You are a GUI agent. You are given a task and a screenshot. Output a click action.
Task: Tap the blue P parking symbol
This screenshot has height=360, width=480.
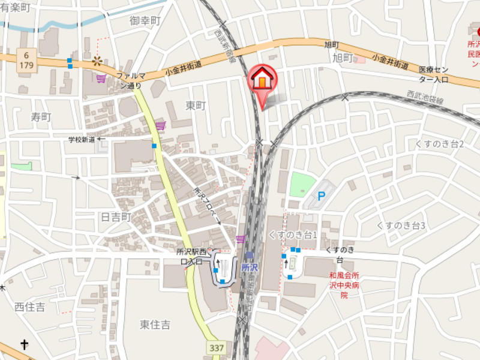[x=321, y=196]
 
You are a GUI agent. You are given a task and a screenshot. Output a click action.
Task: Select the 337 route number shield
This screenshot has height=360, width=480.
[x=217, y=347]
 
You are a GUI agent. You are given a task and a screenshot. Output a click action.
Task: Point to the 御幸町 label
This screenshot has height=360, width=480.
[x=146, y=21]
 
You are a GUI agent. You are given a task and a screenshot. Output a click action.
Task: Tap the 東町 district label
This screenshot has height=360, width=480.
[x=196, y=105]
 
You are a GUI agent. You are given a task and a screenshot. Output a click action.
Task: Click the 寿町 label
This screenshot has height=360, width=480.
[x=41, y=116]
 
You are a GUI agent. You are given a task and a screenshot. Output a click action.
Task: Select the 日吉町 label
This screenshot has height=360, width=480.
[x=116, y=217]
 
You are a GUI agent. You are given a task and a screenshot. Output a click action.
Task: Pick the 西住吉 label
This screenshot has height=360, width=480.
[x=29, y=307]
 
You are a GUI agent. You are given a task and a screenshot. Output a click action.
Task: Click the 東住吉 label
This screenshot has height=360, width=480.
[x=155, y=325]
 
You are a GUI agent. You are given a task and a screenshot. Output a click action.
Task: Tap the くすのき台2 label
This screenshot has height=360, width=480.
[x=440, y=144]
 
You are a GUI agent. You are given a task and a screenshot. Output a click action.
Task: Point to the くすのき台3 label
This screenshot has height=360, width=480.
[x=401, y=226]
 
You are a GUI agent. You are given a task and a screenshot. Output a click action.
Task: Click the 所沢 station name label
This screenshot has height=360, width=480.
[x=250, y=268]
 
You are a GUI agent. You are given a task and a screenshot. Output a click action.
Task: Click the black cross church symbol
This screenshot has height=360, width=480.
[x=25, y=344]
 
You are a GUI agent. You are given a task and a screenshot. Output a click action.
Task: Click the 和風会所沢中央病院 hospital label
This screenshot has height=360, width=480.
[x=344, y=285]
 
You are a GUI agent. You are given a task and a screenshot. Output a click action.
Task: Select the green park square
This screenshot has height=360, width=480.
[x=302, y=184]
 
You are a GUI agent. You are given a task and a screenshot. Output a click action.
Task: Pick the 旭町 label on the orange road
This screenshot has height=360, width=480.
[x=332, y=44]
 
